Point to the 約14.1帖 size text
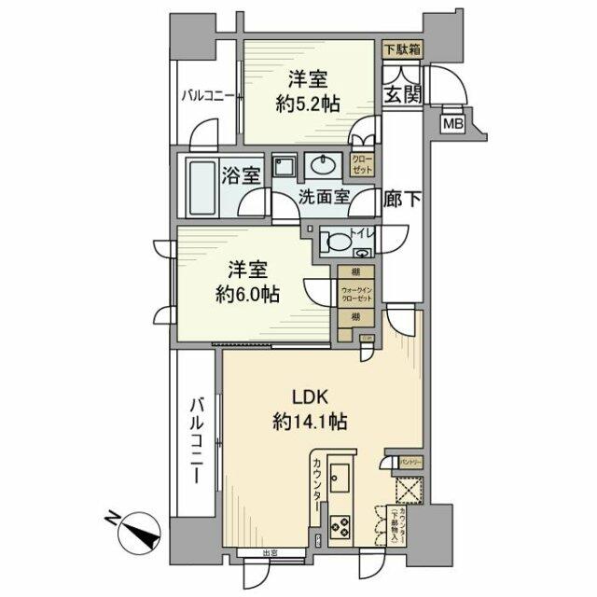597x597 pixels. (311, 422)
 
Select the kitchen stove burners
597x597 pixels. (339, 528)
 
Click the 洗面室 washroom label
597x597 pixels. (324, 198)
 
